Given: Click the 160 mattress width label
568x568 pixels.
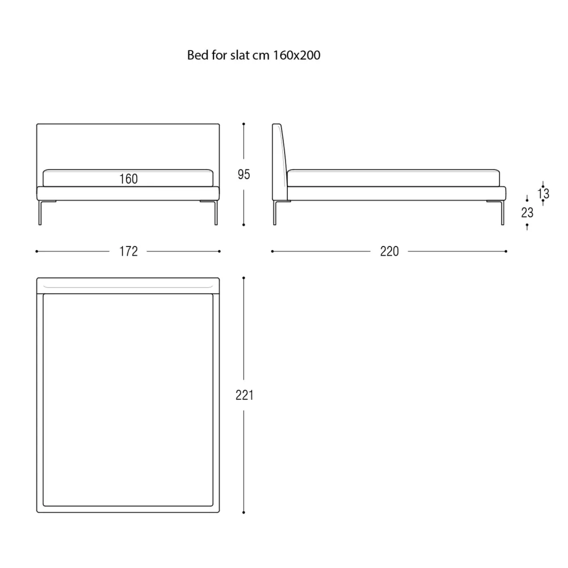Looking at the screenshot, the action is point(128,179).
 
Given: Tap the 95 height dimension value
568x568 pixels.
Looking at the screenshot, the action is point(244,174).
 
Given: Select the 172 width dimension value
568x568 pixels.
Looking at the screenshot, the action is point(128,252).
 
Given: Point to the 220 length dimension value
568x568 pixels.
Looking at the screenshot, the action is point(390,252).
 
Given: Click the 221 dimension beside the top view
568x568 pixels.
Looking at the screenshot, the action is point(244,395).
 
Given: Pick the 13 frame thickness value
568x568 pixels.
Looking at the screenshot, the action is point(544,194).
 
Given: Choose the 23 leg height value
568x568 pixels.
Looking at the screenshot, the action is point(527,212).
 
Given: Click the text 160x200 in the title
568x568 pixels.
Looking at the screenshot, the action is point(296,55).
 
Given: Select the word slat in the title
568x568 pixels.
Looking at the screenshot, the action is point(238,55).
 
